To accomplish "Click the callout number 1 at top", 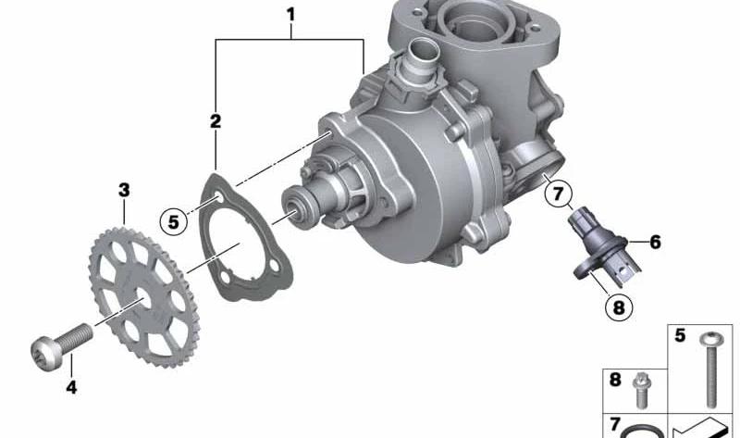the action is coord(291,14).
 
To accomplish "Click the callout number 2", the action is coord(216,121).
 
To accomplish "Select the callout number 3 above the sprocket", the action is coord(124,191).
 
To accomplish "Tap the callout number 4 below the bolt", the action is coord(71,387).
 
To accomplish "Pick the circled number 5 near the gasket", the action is coord(174,221).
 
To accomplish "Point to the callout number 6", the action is coord(655,242).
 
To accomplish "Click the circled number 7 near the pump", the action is coord(558,194).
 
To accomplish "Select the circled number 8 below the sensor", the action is coord(618,307).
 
